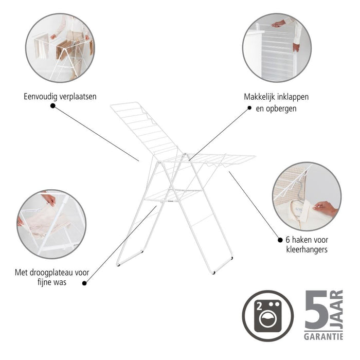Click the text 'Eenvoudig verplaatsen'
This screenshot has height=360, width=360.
click(60, 96)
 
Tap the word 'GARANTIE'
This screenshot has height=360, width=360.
click(323, 337)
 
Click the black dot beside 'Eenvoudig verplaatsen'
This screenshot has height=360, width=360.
click(52, 105)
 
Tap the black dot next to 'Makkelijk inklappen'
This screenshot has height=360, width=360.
click(249, 108)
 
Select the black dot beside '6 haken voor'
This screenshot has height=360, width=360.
click(280, 239)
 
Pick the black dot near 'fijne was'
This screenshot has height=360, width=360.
click(84, 282)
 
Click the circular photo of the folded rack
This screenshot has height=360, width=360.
click(276, 47)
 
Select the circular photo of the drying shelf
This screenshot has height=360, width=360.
click(51, 224)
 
